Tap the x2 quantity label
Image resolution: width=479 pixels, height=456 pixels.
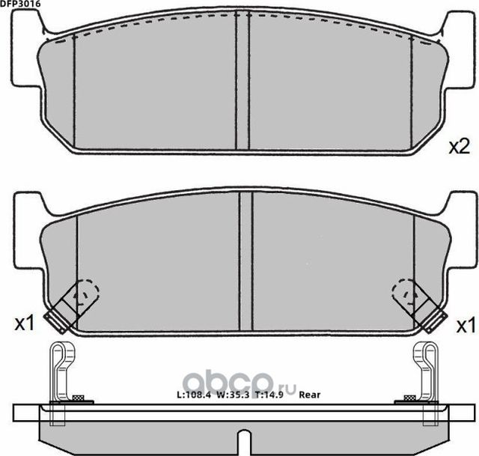click(x=457, y=145)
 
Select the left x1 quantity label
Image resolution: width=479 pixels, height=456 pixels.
click(x=25, y=323)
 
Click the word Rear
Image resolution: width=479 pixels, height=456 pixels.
click(x=309, y=394)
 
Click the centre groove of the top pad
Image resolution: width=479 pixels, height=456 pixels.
click(x=242, y=82)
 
